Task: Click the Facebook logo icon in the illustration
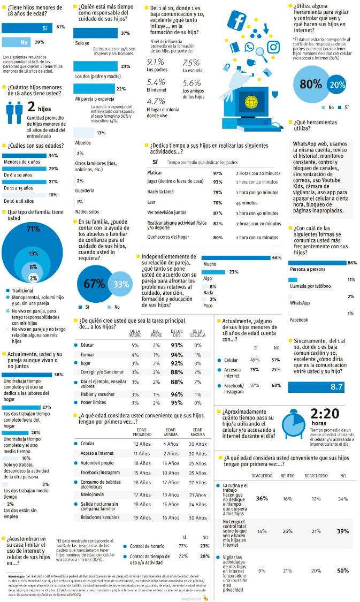(x=236, y=20)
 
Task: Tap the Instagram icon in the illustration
(x=273, y=47)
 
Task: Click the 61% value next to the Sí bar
(x=60, y=27)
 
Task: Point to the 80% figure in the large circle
(x=310, y=84)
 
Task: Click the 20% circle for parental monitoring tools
(x=338, y=85)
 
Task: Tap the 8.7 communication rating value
(x=336, y=386)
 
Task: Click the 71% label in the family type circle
(x=34, y=229)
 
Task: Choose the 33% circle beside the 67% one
(x=121, y=284)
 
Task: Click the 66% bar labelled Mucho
(x=241, y=258)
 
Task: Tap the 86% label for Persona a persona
(x=352, y=263)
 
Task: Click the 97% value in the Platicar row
(x=218, y=173)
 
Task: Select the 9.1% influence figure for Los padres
(x=156, y=62)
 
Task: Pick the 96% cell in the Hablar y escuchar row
(x=177, y=394)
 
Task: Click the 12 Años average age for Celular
(x=142, y=444)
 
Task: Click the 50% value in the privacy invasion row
(x=343, y=571)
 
